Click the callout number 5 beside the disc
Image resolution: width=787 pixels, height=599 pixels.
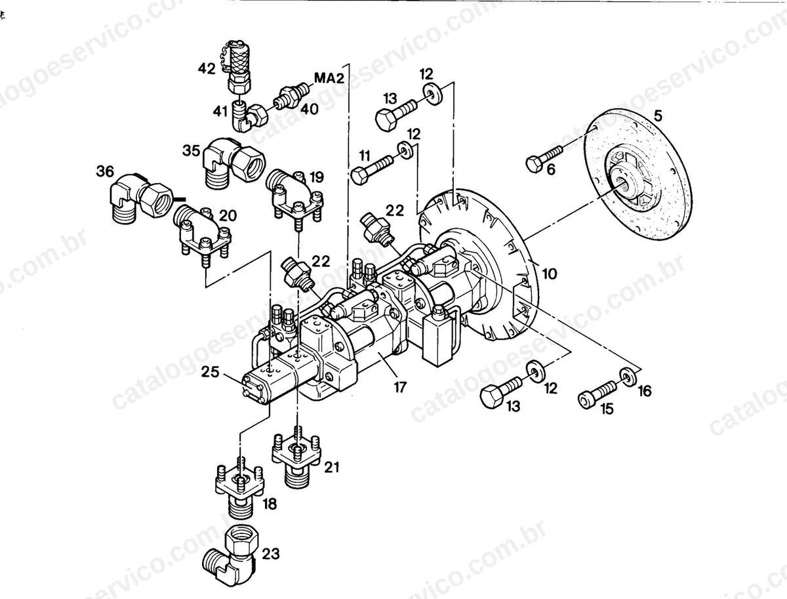point(658,116)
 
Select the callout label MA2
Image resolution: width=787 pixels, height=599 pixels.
point(329,78)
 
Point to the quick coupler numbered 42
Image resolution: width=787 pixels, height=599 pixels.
point(239,67)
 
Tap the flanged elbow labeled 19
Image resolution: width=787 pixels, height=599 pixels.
point(294,194)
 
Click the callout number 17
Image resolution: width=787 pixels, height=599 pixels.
point(400,387)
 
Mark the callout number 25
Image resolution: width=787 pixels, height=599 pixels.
point(210,373)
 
